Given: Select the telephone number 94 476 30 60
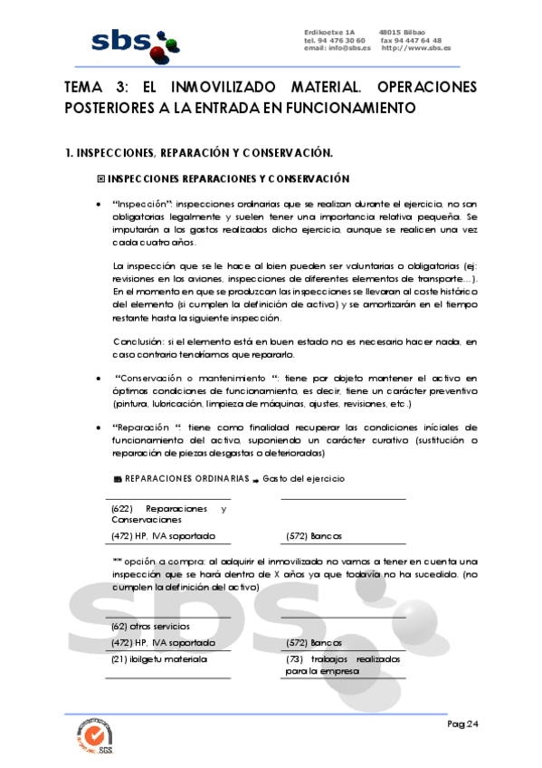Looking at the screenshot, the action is pyautogui.click(x=341, y=41).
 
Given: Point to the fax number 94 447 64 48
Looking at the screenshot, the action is pyautogui.click(x=418, y=41).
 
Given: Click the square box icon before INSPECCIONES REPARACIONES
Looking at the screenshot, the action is pyautogui.click(x=100, y=178).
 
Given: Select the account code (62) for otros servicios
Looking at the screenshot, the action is pyautogui.click(x=120, y=626).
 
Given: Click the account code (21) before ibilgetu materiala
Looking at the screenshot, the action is pyautogui.click(x=120, y=659).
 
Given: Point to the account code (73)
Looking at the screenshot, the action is pyautogui.click(x=296, y=659).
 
